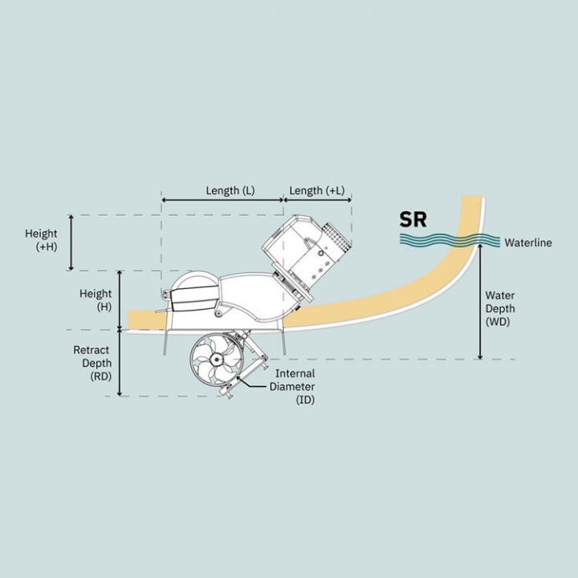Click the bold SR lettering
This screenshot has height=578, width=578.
pos(413,220)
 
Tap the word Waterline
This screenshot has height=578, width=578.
pos(528,242)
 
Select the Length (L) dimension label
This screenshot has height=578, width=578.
pos(230,190)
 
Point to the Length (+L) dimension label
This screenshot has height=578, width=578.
pos(316,190)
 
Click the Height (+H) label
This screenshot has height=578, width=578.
pos(41,240)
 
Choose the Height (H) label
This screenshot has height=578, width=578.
pos(96,300)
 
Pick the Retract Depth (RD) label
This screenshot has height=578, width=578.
pos(92,363)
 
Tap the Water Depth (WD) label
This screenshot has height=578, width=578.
pos(500,308)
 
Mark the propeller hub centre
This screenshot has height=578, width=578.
pos(215,359)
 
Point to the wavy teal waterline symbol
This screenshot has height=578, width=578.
pos(450,240)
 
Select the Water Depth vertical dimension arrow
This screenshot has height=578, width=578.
pos(480,302)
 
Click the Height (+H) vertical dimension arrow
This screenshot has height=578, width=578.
pos(71,243)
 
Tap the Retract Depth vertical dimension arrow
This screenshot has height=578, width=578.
pos(120,363)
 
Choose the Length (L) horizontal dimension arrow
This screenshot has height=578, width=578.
pos(222,200)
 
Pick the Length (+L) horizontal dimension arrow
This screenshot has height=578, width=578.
pos(317,200)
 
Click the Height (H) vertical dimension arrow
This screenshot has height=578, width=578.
pos(120,300)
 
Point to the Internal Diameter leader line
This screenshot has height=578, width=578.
pos(255,384)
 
